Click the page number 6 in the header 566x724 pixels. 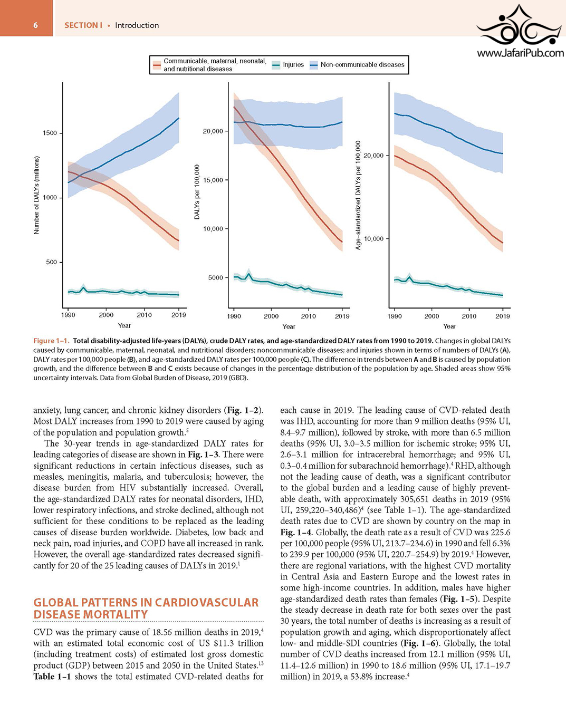[35, 26]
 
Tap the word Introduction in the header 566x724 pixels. [137, 25]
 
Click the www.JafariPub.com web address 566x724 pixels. [520, 53]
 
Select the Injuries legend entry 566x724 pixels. [288, 65]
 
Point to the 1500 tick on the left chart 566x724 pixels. [51, 133]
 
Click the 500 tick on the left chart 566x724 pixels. [52, 262]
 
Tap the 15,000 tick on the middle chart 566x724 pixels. [213, 180]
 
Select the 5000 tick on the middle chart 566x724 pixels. [216, 277]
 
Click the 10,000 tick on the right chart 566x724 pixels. [374, 239]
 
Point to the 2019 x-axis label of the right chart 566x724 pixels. [503, 316]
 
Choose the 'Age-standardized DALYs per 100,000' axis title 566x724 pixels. [358, 195]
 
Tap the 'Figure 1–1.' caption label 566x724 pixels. [51, 341]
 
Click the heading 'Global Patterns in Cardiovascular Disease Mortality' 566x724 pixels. [146, 609]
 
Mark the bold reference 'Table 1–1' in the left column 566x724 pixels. [52, 677]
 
